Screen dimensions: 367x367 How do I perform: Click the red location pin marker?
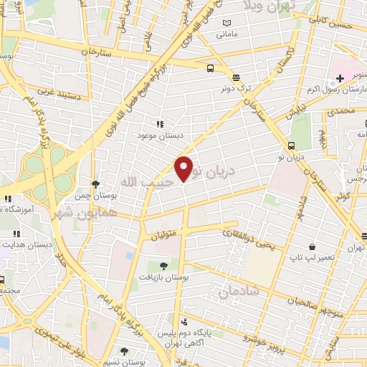pyautogui.click(x=184, y=168)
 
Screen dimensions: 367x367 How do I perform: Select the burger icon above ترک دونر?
pyautogui.click(x=236, y=77)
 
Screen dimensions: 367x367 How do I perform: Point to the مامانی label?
pyautogui.click(x=226, y=34)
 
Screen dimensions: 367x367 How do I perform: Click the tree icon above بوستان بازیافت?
pyautogui.click(x=163, y=264)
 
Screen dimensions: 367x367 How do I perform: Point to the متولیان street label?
pyautogui.click(x=166, y=234)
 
